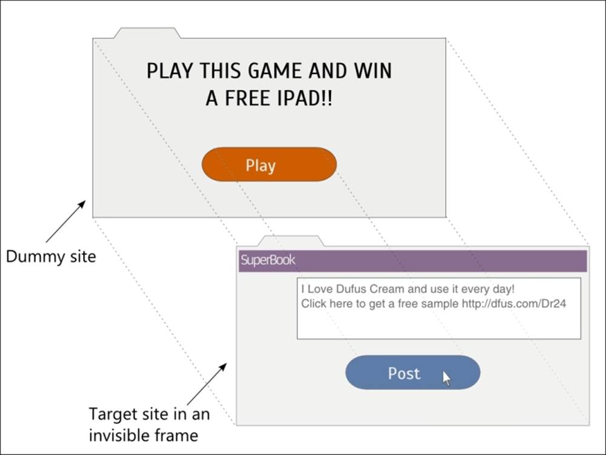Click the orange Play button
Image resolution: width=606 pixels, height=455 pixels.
(268, 164)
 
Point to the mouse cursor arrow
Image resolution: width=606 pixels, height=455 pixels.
(447, 379)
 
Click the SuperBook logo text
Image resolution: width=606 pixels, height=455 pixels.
(268, 261)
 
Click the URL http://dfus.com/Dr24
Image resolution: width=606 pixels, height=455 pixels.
(514, 303)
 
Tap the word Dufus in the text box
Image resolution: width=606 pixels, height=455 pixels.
(351, 290)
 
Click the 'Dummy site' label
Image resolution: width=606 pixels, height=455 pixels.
(51, 257)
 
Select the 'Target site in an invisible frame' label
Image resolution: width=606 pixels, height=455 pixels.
(149, 425)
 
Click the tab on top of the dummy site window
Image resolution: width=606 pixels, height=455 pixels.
(147, 33)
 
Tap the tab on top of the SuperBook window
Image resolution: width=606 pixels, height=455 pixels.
(291, 241)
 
